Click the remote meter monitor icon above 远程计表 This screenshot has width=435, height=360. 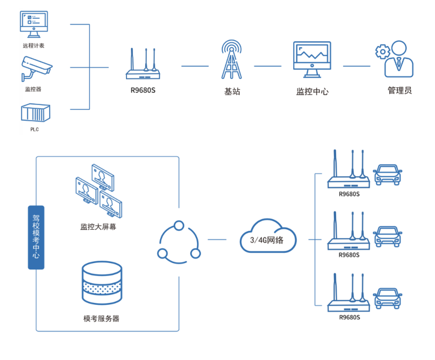click(x=34, y=24)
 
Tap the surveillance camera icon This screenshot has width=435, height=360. click(x=36, y=68)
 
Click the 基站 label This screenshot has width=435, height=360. click(x=232, y=91)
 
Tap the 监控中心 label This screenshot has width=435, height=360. click(x=312, y=91)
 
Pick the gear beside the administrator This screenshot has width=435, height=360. click(x=382, y=51)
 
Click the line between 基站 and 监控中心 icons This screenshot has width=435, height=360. click(x=267, y=66)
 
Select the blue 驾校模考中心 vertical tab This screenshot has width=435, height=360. click(x=36, y=237)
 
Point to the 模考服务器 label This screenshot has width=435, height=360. click(x=101, y=319)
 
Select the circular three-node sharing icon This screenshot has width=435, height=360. click(x=179, y=242)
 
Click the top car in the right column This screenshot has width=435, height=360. click(x=387, y=174)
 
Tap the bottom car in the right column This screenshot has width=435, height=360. click(x=387, y=298)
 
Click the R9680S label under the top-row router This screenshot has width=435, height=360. click(x=143, y=90)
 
